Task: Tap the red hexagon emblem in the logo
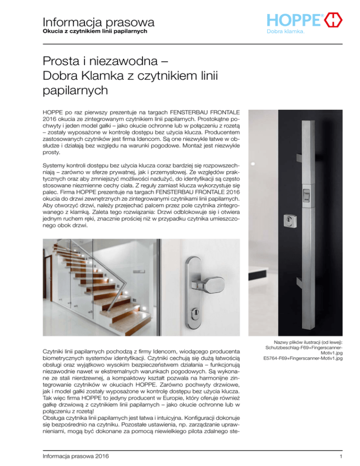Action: [333, 20]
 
